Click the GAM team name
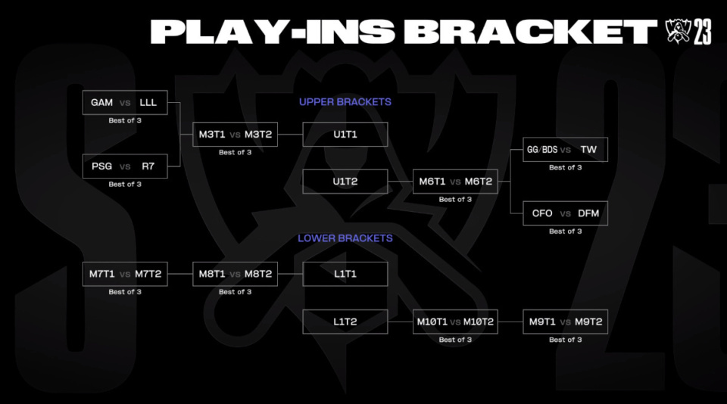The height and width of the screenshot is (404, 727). tap(101, 102)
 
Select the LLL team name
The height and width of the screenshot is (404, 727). tap(148, 102)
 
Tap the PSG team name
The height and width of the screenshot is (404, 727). tap(101, 166)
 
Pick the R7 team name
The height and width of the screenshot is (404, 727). tap(148, 166)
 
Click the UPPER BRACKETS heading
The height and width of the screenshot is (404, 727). tap(345, 102)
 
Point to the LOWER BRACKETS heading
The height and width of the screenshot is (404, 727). tap(345, 238)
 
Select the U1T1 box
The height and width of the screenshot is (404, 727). tap(345, 135)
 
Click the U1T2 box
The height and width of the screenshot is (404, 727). tap(345, 182)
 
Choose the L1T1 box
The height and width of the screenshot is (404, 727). tap(345, 275)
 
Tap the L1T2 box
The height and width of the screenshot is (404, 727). tap(345, 322)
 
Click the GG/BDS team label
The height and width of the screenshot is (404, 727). tap(542, 150)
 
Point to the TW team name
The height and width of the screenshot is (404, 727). tap(588, 150)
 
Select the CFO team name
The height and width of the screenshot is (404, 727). tap(542, 213)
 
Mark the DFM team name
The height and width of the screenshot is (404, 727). tap(588, 213)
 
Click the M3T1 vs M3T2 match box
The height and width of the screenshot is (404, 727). tap(235, 135)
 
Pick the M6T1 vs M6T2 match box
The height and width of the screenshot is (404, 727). tap(455, 182)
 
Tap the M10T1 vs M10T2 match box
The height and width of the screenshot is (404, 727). tap(455, 322)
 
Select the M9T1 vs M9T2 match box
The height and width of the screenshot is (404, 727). tap(565, 322)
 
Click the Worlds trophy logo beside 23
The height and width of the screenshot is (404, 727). tap(678, 32)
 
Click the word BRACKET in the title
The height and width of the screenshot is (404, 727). tap(530, 32)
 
